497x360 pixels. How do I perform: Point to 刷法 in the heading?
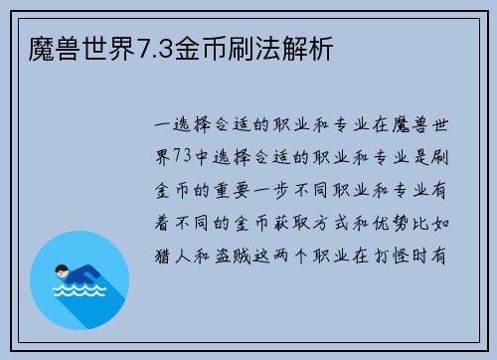257,46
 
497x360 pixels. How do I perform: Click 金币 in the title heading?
203,46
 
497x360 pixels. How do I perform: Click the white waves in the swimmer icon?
80,294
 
